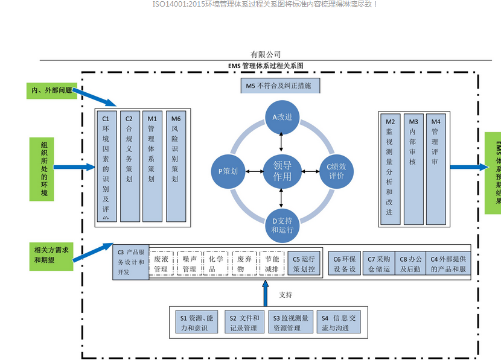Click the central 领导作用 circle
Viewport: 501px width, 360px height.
point(282,171)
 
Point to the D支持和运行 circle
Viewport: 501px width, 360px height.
point(282,224)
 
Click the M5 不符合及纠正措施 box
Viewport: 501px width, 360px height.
point(279,86)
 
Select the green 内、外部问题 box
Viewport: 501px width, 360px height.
point(52,91)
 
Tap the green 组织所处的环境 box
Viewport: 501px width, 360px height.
point(44,169)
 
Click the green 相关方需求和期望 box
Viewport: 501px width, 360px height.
point(51,254)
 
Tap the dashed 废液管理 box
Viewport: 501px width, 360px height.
point(161,264)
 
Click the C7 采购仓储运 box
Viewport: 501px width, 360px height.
point(380,264)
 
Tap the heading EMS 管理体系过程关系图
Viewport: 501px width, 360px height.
point(266,65)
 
